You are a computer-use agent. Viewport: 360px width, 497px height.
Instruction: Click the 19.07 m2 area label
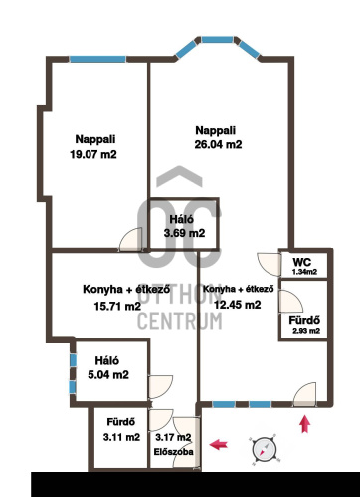[x=93, y=154]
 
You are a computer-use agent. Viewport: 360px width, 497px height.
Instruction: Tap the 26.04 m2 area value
[x=218, y=144]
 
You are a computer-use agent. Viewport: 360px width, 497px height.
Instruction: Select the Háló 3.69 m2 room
[x=185, y=226]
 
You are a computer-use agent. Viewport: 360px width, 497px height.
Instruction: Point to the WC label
[x=302, y=262]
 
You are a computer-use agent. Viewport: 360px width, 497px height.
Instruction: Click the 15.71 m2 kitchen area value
[x=117, y=306]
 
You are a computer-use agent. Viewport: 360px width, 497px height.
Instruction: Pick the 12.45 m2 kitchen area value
[x=238, y=304]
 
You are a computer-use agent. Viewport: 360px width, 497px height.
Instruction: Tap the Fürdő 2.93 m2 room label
[x=304, y=325]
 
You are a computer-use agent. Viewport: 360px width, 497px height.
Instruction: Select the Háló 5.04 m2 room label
[x=108, y=368]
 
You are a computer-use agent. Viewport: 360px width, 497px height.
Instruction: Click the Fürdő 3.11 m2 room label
[x=121, y=430]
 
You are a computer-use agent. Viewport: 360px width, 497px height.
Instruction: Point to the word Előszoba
[x=173, y=452]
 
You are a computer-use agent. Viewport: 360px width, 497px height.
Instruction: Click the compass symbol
[x=264, y=449]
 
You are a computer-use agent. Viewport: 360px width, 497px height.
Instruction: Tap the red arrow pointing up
[x=305, y=424]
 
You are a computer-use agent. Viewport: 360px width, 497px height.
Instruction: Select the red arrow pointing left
[x=219, y=444]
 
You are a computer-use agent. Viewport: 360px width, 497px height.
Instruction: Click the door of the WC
[x=270, y=264]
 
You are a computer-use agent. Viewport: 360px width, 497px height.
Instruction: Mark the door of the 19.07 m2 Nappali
[x=131, y=240]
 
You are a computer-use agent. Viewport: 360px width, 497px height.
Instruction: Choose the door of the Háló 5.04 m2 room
[x=161, y=387]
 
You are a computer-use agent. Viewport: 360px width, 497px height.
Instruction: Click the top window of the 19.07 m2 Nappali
[x=97, y=59]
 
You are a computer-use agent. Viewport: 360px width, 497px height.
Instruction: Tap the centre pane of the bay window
[x=217, y=40]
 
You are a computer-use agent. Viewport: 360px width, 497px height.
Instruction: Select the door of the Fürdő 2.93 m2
[x=290, y=301]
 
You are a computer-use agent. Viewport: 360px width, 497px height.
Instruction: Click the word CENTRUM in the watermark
[x=180, y=321]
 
